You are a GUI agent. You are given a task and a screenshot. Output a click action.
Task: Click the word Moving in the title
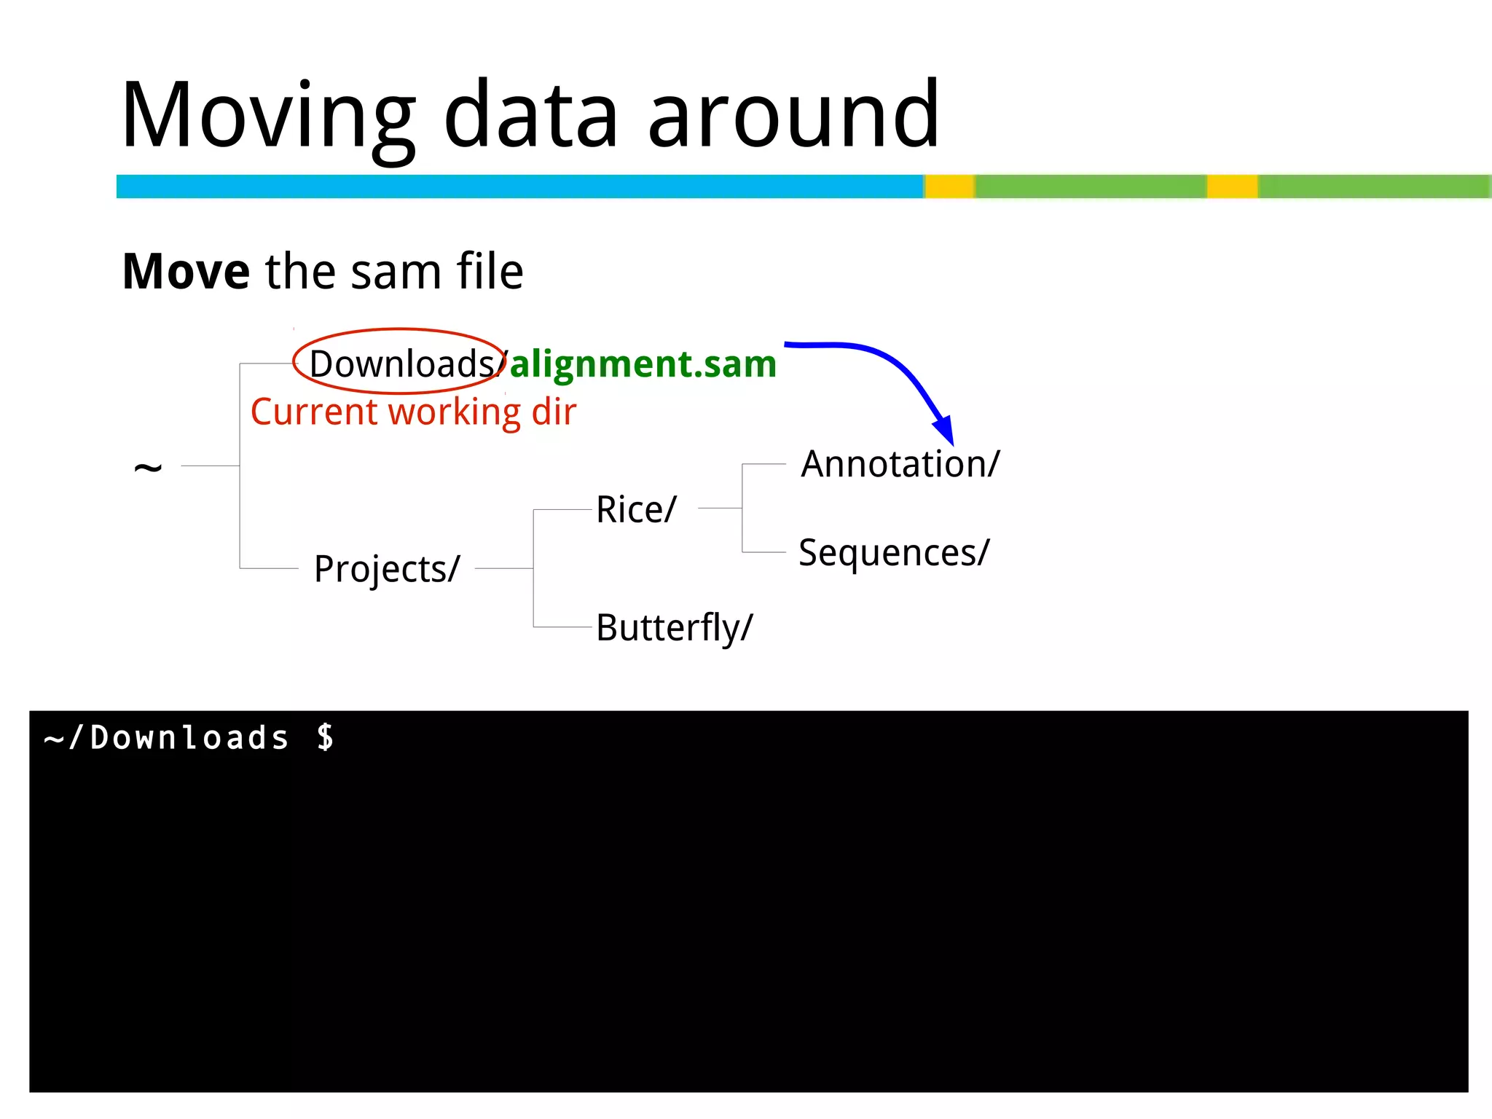coord(268,117)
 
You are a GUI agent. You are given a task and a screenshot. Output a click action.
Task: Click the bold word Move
coord(186,272)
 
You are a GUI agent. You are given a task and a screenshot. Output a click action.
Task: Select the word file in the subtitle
coord(490,272)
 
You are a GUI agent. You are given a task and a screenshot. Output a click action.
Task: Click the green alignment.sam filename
coord(643,364)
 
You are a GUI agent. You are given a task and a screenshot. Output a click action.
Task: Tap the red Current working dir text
coord(413,412)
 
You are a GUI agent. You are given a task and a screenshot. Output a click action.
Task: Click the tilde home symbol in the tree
coord(148,467)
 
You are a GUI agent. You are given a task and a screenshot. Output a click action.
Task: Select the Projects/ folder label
coord(387,569)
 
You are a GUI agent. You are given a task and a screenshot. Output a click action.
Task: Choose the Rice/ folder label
coord(636,509)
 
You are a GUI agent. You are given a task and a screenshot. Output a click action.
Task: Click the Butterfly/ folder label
coord(674,627)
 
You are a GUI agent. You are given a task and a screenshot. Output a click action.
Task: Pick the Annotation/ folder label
coord(900,464)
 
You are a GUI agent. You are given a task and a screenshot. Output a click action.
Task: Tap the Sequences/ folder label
coord(894,553)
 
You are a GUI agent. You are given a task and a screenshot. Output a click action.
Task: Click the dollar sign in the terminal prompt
coord(326,737)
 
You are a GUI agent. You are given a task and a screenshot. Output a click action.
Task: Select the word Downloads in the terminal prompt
coord(189,738)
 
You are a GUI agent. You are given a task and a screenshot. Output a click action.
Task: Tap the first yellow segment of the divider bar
coord(949,186)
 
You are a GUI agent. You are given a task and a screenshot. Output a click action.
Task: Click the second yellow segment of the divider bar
coord(1232,186)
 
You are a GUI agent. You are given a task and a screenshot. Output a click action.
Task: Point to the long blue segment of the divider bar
coord(519,186)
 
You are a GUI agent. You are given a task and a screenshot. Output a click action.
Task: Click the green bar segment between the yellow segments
coord(1091,186)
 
